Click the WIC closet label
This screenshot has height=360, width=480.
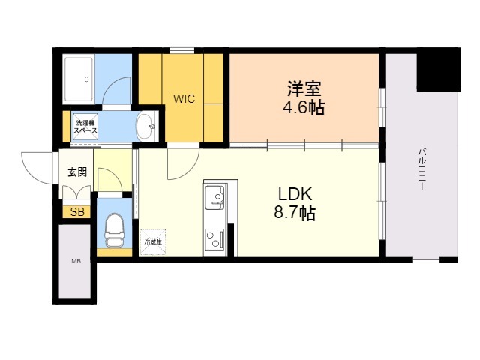coord(184,99)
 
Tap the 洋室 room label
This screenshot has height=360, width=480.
coord(304,88)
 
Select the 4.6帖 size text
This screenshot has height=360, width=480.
coord(304,108)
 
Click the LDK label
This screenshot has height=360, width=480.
coord(295,193)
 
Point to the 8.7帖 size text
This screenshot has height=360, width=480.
coord(295,213)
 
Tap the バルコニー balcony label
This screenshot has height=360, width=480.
coord(422,169)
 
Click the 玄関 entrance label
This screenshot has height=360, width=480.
coord(77,172)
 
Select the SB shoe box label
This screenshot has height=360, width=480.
coord(77,211)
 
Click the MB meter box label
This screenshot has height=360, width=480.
coord(76,262)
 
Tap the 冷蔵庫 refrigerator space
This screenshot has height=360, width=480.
coord(153,242)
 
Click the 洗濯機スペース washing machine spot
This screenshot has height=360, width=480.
coord(85,127)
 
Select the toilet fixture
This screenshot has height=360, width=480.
coord(114,230)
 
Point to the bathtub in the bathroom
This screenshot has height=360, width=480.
coord(79,79)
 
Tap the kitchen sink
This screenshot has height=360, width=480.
coord(215,198)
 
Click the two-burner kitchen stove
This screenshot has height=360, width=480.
coord(214,239)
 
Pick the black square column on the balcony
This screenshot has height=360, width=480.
coord(439,70)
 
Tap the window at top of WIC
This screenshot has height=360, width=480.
coord(182,50)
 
